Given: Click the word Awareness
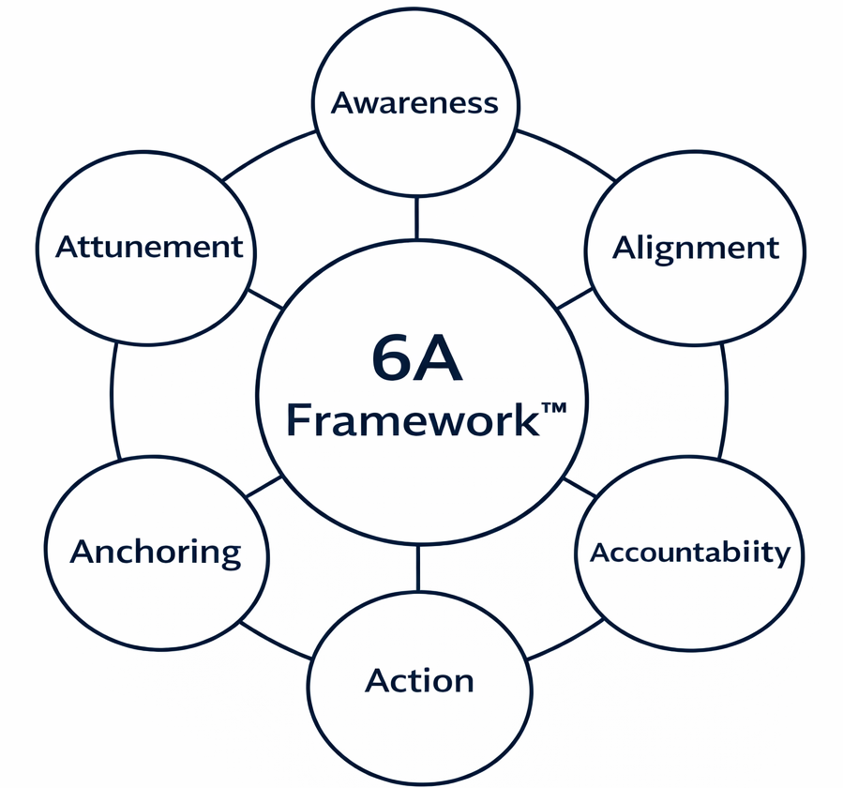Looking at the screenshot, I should [x=414, y=103].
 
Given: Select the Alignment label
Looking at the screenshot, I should [x=695, y=249].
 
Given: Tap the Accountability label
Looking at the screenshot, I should [x=689, y=553].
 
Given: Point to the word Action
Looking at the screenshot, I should [x=419, y=680].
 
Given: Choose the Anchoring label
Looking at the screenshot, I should [x=156, y=552].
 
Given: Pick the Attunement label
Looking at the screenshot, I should [x=149, y=248].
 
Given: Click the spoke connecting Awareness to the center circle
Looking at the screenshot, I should [x=416, y=218].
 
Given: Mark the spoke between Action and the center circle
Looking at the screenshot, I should [x=417, y=568].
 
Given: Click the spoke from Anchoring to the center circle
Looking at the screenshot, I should [x=262, y=487].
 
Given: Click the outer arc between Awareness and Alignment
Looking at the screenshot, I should [x=566, y=153].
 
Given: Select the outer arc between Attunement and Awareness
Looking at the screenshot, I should [x=266, y=152].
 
